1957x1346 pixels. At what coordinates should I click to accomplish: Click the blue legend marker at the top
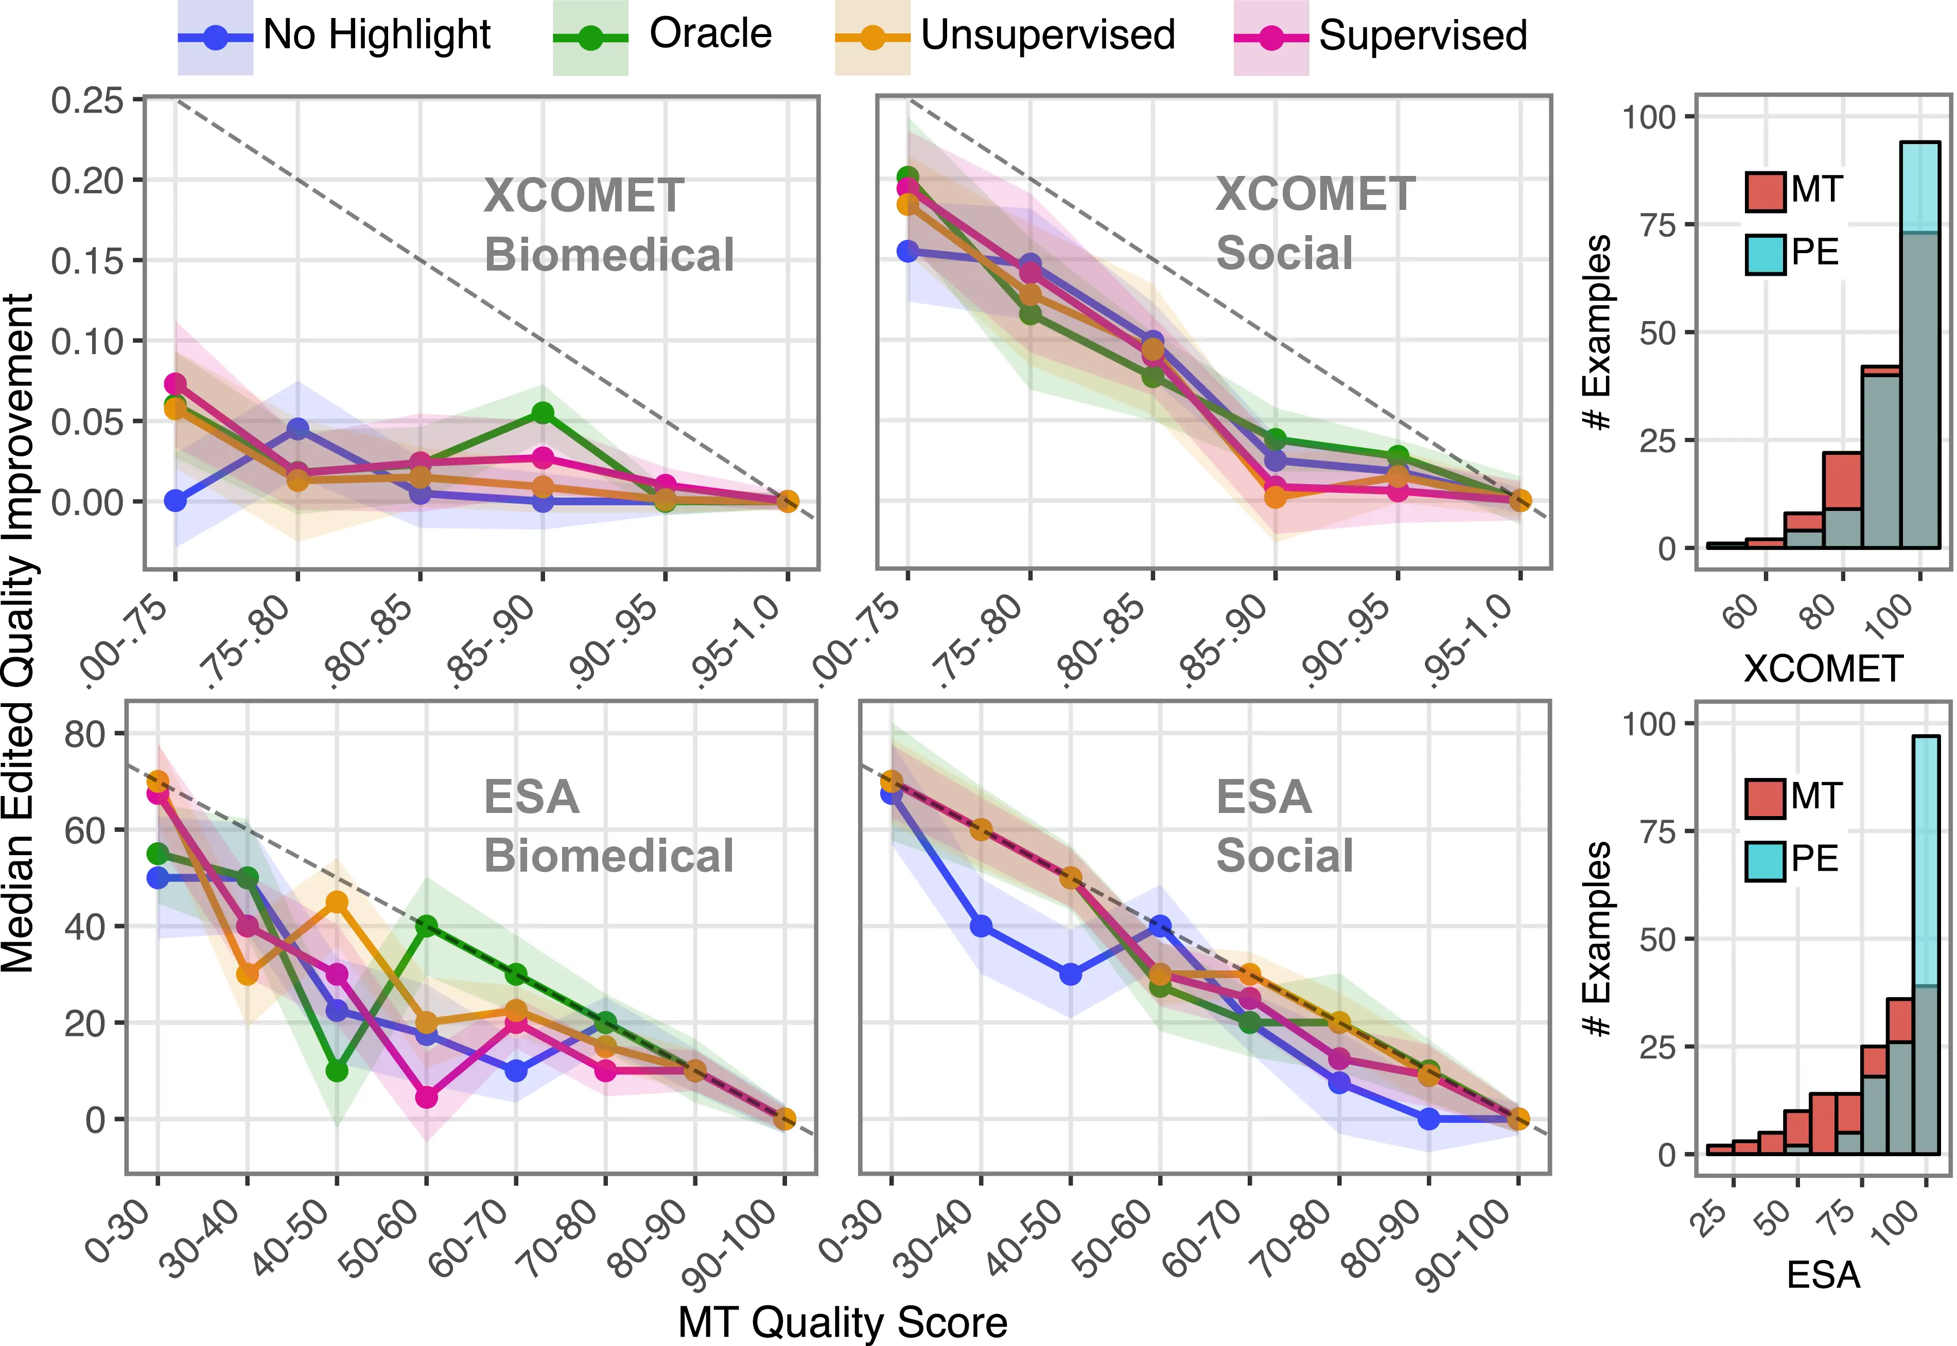(x=216, y=38)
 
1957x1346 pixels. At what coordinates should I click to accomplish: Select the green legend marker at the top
(x=590, y=38)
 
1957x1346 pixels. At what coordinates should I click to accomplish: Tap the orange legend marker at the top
(x=872, y=38)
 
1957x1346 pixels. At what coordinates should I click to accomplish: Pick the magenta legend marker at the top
(x=1270, y=38)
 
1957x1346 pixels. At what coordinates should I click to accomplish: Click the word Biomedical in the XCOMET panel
(x=608, y=255)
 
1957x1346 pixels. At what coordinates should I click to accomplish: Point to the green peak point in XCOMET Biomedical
(x=543, y=413)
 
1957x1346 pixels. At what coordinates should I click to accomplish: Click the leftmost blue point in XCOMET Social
(x=907, y=251)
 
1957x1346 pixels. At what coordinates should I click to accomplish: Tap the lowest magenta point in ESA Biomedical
(x=427, y=1097)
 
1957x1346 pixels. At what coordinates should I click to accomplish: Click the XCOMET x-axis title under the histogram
(x=1823, y=669)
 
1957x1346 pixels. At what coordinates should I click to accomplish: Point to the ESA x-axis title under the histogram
(x=1823, y=1275)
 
